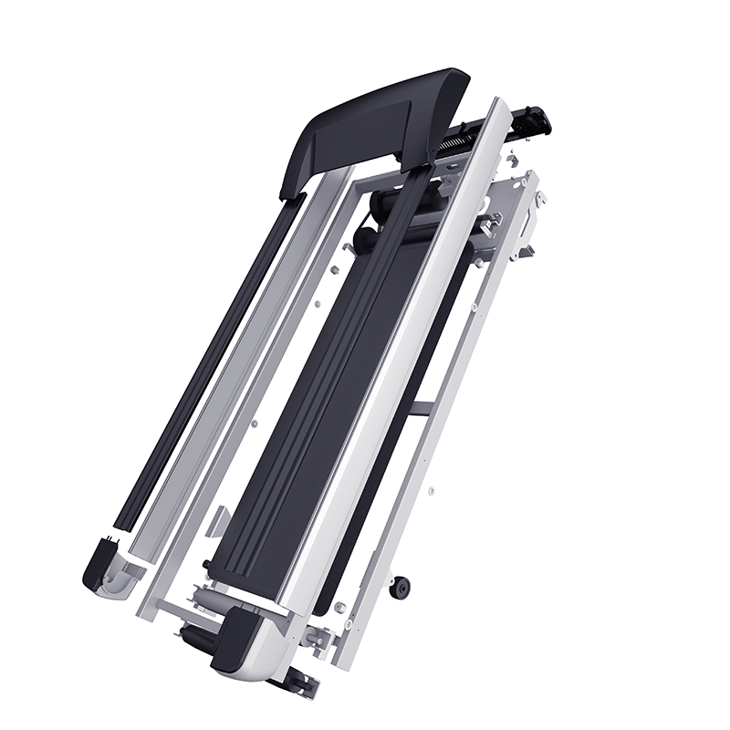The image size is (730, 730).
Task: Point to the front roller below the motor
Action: [365, 239]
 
